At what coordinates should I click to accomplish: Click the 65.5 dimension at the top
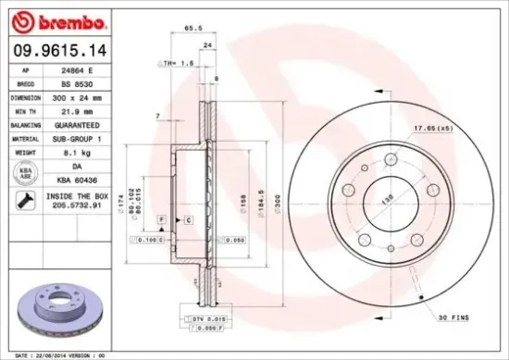pos(193,29)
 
